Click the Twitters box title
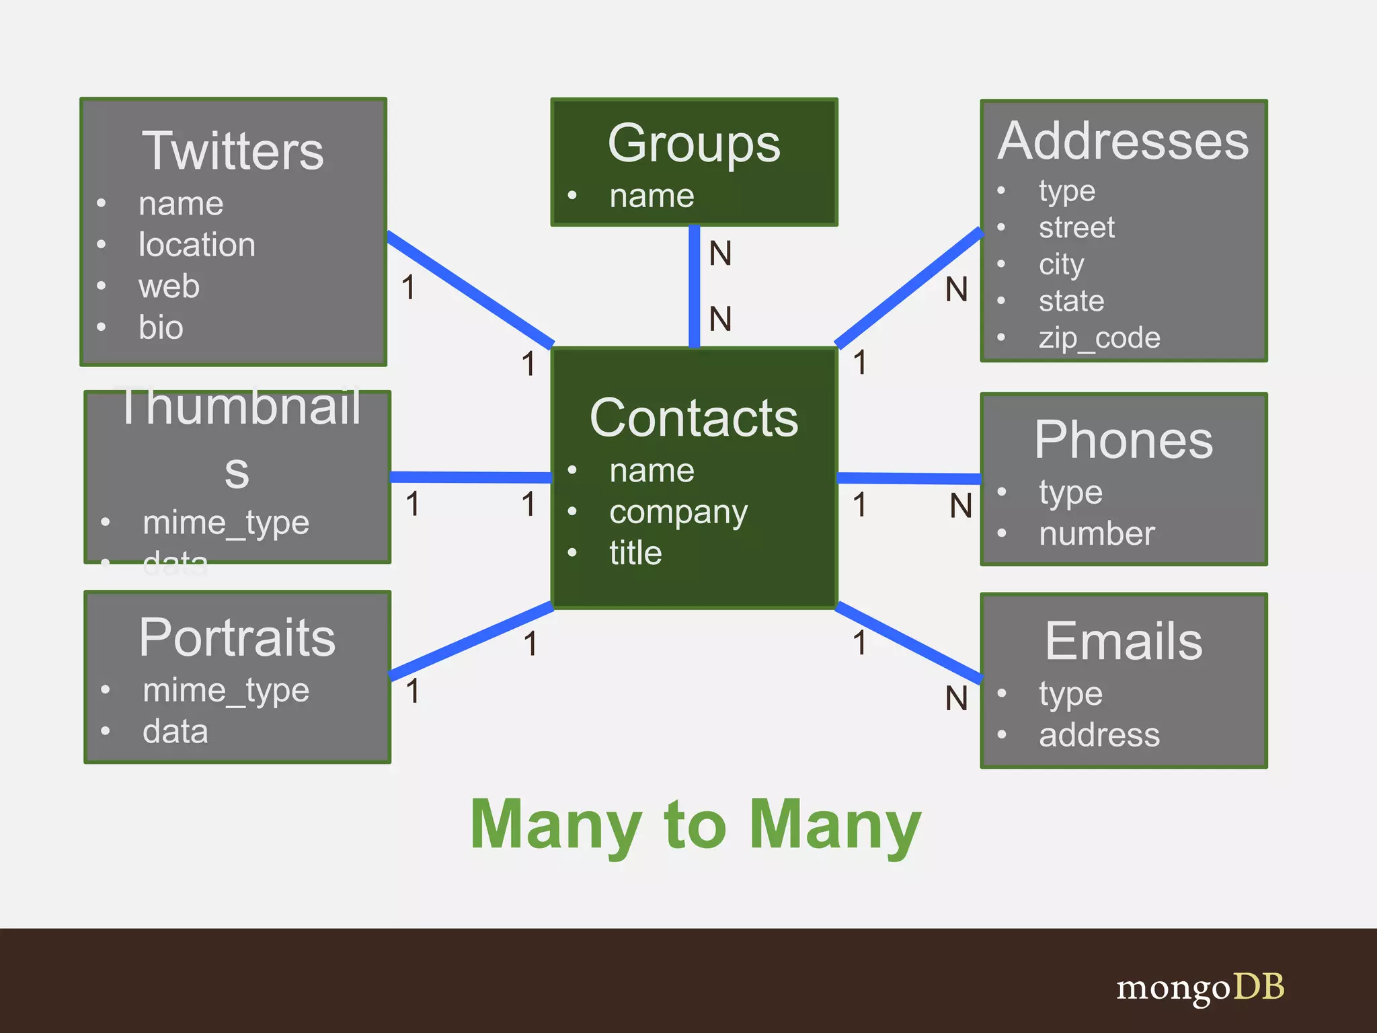233,151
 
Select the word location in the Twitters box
196,245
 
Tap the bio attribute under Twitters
161,328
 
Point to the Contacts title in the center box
693,418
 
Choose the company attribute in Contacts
678,512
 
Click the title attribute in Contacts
635,553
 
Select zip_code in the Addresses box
1099,338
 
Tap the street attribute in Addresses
1076,227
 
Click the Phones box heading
1124,440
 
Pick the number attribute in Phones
1097,534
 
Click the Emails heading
1124,641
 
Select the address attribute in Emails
1099,734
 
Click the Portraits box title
237,638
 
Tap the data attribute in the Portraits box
175,731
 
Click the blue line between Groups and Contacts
694,286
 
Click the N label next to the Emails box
956,699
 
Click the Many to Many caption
695,825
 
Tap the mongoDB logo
1200,987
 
